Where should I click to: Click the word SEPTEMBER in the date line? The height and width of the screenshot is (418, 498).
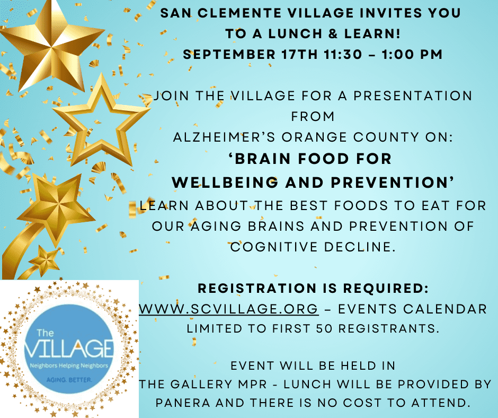click(x=229, y=55)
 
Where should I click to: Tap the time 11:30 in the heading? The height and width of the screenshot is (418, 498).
click(x=343, y=55)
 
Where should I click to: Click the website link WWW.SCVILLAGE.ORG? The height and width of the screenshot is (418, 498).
click(x=229, y=309)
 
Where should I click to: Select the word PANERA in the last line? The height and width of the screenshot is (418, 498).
click(x=183, y=403)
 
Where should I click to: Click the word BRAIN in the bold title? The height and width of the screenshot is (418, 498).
click(x=263, y=159)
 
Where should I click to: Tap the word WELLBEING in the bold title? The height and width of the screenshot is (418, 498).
click(x=225, y=182)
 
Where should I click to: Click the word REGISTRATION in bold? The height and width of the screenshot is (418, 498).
click(x=257, y=288)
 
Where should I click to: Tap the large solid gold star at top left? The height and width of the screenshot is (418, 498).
click(x=51, y=45)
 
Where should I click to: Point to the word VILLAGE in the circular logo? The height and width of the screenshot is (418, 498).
click(x=69, y=349)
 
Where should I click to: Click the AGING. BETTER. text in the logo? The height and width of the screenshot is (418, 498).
click(x=69, y=380)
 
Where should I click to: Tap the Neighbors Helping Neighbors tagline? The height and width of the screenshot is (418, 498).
click(x=69, y=365)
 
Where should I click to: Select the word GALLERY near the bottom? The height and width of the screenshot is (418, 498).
click(x=201, y=384)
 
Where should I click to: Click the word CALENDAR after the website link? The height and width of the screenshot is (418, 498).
click(x=445, y=309)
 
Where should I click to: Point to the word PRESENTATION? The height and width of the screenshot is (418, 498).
click(x=413, y=96)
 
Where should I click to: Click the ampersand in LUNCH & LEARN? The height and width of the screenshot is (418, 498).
click(x=333, y=34)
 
